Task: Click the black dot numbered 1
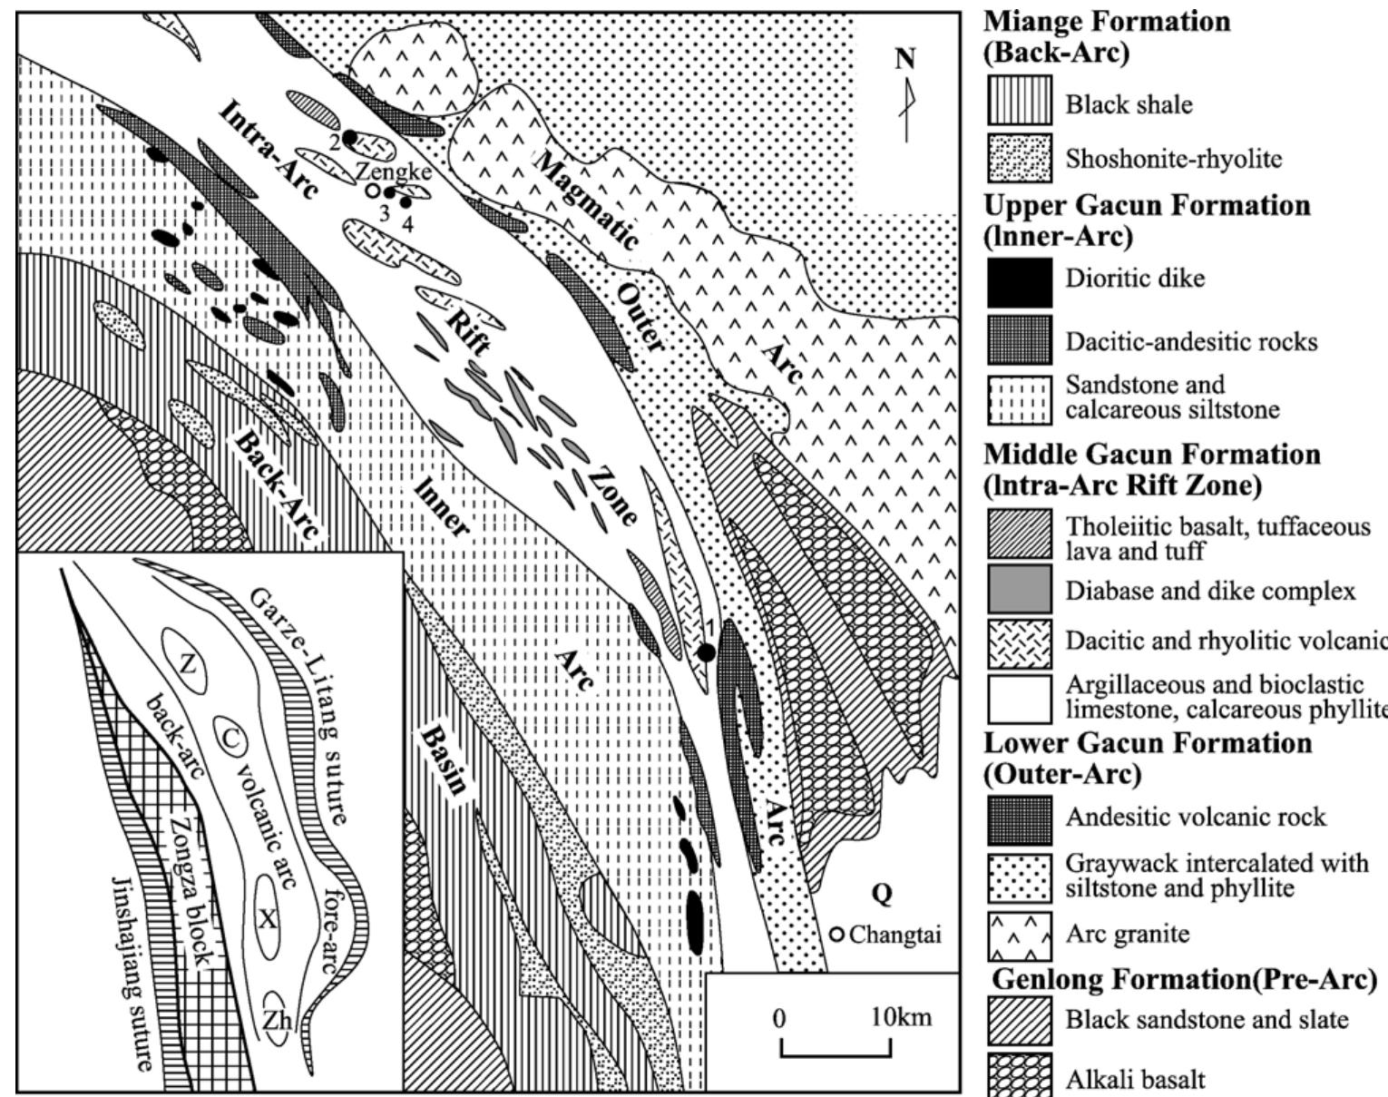tap(706, 651)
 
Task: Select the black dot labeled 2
tap(349, 137)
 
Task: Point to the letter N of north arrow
tap(905, 59)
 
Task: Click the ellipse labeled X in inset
tap(267, 919)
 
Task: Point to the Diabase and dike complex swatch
tap(1020, 589)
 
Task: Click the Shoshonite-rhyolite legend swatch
tap(1020, 159)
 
